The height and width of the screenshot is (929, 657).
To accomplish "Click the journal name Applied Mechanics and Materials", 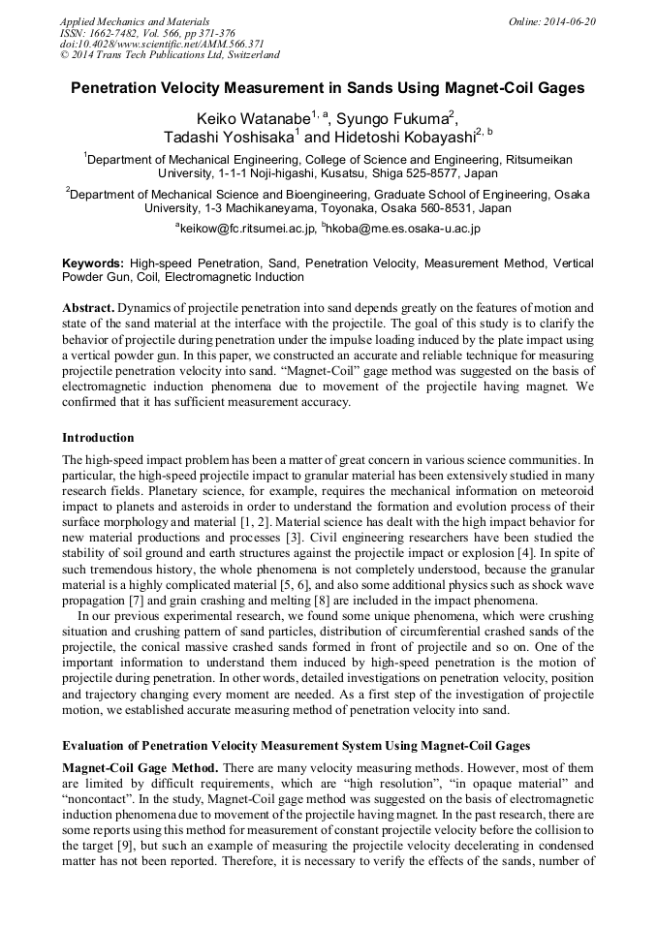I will (x=135, y=21).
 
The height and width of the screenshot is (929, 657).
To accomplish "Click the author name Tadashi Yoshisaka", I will (x=229, y=138).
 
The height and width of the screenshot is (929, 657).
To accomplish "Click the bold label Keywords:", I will (x=93, y=263).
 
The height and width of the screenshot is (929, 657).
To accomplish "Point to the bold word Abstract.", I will (x=88, y=307).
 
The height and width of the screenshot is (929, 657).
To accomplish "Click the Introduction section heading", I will (x=98, y=438).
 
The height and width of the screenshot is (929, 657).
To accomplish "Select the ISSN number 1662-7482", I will (x=109, y=32).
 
